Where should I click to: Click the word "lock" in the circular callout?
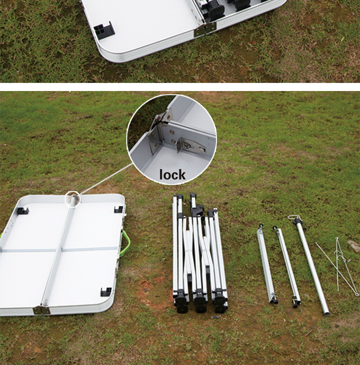[172, 175]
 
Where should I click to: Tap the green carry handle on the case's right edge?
[127, 242]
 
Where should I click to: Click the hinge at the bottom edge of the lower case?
[42, 310]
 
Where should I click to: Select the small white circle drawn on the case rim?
[72, 199]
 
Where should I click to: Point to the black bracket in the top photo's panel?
[104, 30]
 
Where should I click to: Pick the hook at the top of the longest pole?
[293, 219]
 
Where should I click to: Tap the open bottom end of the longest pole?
[327, 313]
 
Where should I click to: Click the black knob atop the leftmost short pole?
[261, 226]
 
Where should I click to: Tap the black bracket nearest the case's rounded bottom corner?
[106, 292]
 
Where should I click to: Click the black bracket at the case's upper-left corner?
[23, 211]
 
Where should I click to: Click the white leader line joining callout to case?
[106, 179]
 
